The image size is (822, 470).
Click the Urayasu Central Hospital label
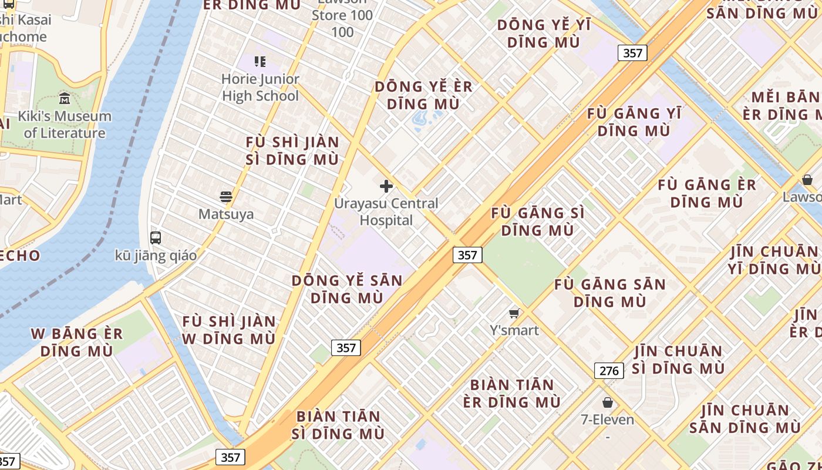[386, 212]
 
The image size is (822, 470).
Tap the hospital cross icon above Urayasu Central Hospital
[386, 186]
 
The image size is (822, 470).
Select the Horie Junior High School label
[260, 88]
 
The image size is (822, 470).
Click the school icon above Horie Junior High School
[260, 61]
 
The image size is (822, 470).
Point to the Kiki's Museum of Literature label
[65, 125]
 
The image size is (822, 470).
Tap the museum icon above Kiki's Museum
[65, 98]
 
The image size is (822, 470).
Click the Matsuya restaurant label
[226, 214]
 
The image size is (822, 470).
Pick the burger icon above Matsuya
[226, 196]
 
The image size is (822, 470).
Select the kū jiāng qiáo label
[156, 256]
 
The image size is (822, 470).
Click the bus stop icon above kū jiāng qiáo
[156, 237]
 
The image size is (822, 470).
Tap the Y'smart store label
[514, 330]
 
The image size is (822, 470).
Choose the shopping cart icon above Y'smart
[514, 313]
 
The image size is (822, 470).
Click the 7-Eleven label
[607, 419]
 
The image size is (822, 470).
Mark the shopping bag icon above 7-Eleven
[608, 402]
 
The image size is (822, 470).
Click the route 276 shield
[609, 371]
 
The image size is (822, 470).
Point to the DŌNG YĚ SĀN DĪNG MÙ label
[347, 289]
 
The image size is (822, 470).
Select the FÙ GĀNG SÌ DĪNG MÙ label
[537, 221]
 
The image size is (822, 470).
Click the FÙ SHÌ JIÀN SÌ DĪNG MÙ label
[292, 150]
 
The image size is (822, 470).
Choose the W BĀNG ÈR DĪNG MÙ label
[77, 343]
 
